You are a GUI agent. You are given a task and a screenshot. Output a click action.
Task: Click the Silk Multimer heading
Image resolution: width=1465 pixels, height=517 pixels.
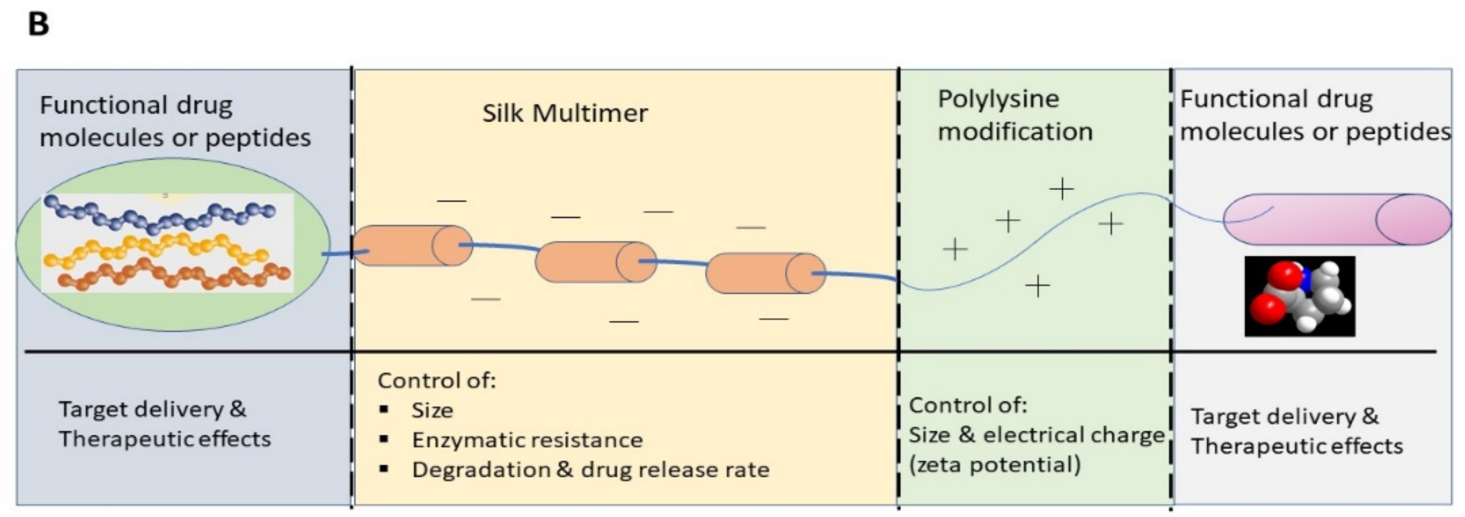(564, 113)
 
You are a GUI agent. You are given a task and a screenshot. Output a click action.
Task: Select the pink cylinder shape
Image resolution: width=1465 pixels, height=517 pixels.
(1337, 220)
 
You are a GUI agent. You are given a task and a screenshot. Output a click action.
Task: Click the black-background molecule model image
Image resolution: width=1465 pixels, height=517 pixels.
(1300, 296)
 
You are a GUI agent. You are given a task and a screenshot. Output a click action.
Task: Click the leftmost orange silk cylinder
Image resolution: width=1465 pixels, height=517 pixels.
(412, 246)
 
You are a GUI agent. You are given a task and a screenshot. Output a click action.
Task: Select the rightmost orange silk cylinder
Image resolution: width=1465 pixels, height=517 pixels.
(765, 273)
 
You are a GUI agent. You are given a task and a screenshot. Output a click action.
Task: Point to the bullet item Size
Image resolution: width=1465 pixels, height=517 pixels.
(432, 410)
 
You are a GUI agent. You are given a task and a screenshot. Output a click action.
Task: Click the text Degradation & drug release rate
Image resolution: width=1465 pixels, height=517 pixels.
(590, 470)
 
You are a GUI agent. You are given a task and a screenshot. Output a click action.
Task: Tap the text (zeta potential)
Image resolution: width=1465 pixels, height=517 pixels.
(994, 465)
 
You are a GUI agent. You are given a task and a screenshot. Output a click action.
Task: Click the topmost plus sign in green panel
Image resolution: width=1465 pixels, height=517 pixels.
(1061, 188)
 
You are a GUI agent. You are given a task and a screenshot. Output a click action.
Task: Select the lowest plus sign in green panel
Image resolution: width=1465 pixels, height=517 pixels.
(1037, 286)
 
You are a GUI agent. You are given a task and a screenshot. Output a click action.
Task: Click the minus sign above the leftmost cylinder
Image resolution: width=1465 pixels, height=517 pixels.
(451, 201)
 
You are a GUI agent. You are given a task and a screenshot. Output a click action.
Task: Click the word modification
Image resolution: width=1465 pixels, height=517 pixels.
(1015, 132)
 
